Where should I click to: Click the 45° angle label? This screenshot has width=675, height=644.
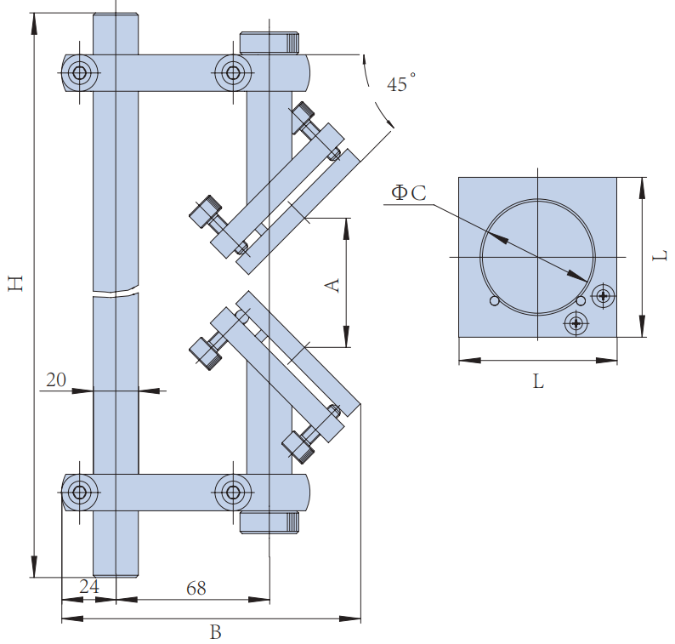click(400, 84)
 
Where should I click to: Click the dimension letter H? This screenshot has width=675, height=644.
click(15, 283)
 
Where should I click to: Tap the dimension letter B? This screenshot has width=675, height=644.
click(215, 632)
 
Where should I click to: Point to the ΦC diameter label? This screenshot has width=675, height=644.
click(408, 193)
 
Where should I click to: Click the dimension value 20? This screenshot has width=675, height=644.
click(56, 380)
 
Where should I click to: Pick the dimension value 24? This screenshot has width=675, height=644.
click(88, 587)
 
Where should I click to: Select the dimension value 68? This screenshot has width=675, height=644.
click(196, 587)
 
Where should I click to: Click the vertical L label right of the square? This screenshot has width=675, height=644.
click(661, 254)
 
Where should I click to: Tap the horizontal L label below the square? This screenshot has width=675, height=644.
click(537, 382)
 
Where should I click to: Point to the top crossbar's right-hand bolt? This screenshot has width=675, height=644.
click(231, 73)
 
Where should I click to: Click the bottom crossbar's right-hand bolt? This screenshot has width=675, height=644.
click(231, 491)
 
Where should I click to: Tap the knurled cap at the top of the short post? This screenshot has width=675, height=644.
click(269, 42)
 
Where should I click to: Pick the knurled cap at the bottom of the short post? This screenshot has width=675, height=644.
click(269, 522)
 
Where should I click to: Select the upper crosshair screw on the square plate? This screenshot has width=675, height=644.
click(604, 296)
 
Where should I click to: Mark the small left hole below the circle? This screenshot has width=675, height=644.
click(494, 300)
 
